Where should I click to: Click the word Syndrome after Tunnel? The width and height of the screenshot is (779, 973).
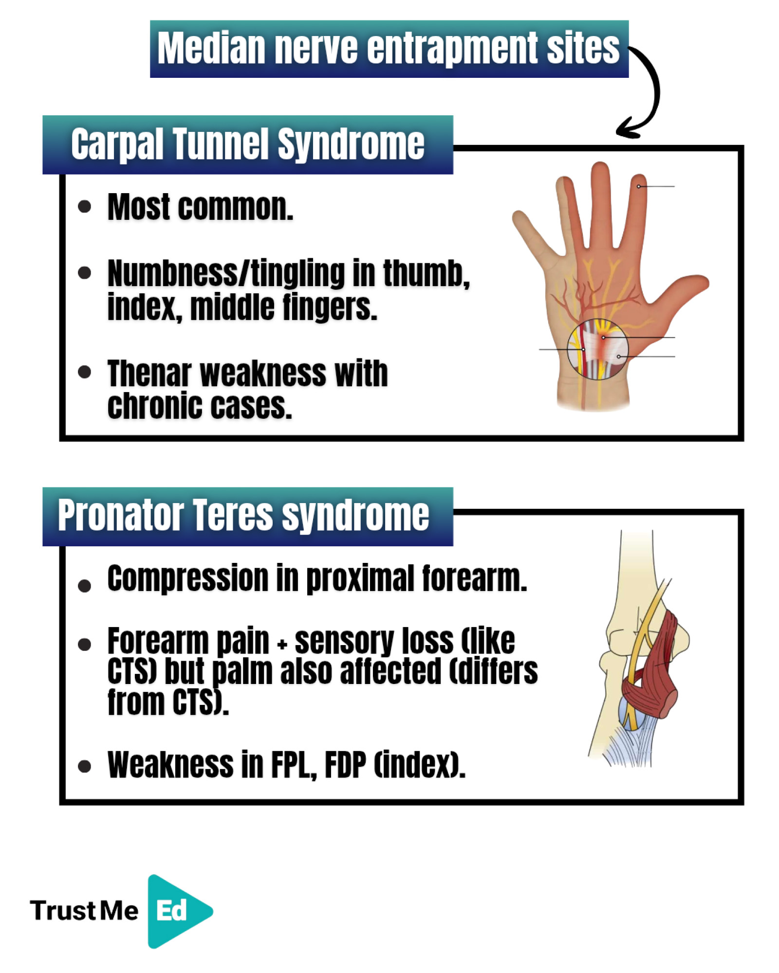351,144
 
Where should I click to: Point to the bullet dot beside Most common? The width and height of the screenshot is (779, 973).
84,206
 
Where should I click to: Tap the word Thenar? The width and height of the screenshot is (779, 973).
149,373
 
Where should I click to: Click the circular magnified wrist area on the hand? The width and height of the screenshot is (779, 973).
597,349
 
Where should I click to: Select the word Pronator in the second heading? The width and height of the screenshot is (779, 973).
121,515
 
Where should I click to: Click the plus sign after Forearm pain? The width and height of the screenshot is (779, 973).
282,645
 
